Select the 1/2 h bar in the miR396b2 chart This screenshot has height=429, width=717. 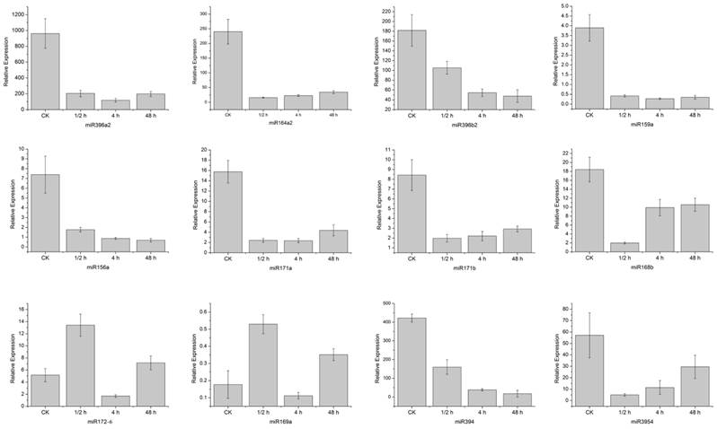(452, 88)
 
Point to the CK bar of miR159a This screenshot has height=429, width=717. (589, 67)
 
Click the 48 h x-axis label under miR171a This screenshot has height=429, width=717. (333, 258)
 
